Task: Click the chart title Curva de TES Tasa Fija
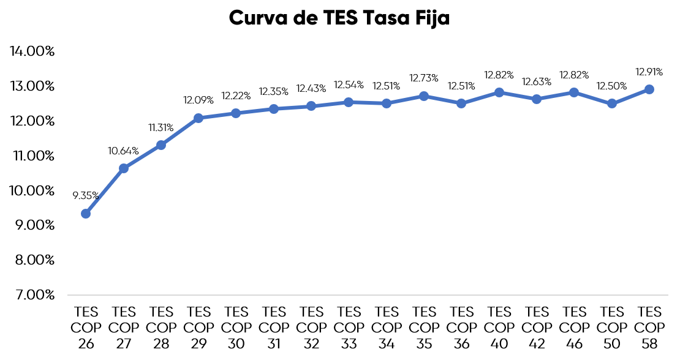click(339, 18)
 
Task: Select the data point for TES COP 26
click(86, 214)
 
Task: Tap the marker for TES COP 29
click(198, 118)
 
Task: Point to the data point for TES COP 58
click(649, 89)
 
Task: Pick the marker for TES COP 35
click(424, 96)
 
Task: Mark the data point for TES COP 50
click(611, 103)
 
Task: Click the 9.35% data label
click(86, 196)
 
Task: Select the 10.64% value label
click(124, 151)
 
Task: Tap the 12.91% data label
click(649, 72)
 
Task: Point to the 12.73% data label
click(424, 78)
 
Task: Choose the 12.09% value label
click(198, 100)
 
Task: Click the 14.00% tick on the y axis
click(32, 51)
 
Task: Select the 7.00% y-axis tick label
click(32, 295)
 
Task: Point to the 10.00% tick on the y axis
click(32, 190)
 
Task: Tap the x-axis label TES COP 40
click(499, 328)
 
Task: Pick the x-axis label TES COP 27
click(124, 328)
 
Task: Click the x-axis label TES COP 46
click(574, 328)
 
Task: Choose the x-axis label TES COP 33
click(349, 328)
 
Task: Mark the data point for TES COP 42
click(537, 99)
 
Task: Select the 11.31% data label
click(161, 127)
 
